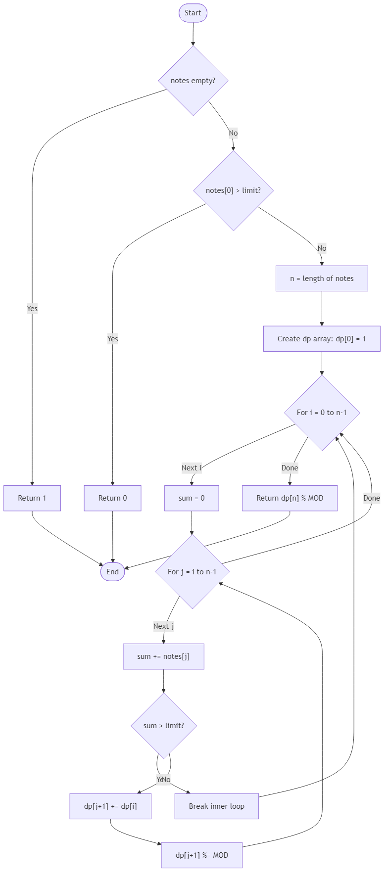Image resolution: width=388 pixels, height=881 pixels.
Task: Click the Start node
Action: coord(193,13)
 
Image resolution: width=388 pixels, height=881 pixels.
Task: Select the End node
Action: coord(112,572)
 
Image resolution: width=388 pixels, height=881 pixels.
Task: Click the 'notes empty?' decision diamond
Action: coord(193,81)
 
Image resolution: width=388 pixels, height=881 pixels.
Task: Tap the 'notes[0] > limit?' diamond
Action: coord(233,190)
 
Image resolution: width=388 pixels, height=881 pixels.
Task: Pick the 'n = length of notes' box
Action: coord(322,278)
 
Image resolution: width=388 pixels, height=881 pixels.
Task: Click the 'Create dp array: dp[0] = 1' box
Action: coord(322,339)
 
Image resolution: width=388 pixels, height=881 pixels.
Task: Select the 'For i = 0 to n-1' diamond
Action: coord(322,413)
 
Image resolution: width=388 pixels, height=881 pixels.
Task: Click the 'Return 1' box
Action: coord(32,498)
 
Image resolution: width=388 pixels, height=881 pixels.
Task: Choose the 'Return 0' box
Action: coord(112,498)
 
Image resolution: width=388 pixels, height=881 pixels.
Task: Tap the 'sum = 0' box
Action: coord(192,498)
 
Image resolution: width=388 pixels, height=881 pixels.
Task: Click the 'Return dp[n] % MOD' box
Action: coord(290,498)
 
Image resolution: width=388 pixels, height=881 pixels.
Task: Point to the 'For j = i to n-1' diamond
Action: coord(192,572)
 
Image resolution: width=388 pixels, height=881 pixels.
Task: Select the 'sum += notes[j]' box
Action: coord(163,656)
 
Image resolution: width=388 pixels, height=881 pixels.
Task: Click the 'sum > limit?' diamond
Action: coord(163,726)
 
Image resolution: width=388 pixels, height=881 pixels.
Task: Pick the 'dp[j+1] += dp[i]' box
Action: coord(110,806)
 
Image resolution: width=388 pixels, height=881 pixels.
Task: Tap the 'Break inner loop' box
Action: coord(216,806)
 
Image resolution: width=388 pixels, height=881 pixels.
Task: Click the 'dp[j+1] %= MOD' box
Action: coord(202,855)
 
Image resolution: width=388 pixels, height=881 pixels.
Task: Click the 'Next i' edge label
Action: coord(192,468)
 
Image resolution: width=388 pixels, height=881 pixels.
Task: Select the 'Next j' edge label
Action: coord(163,626)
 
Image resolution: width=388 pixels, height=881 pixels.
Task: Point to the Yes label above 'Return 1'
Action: coord(32,309)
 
